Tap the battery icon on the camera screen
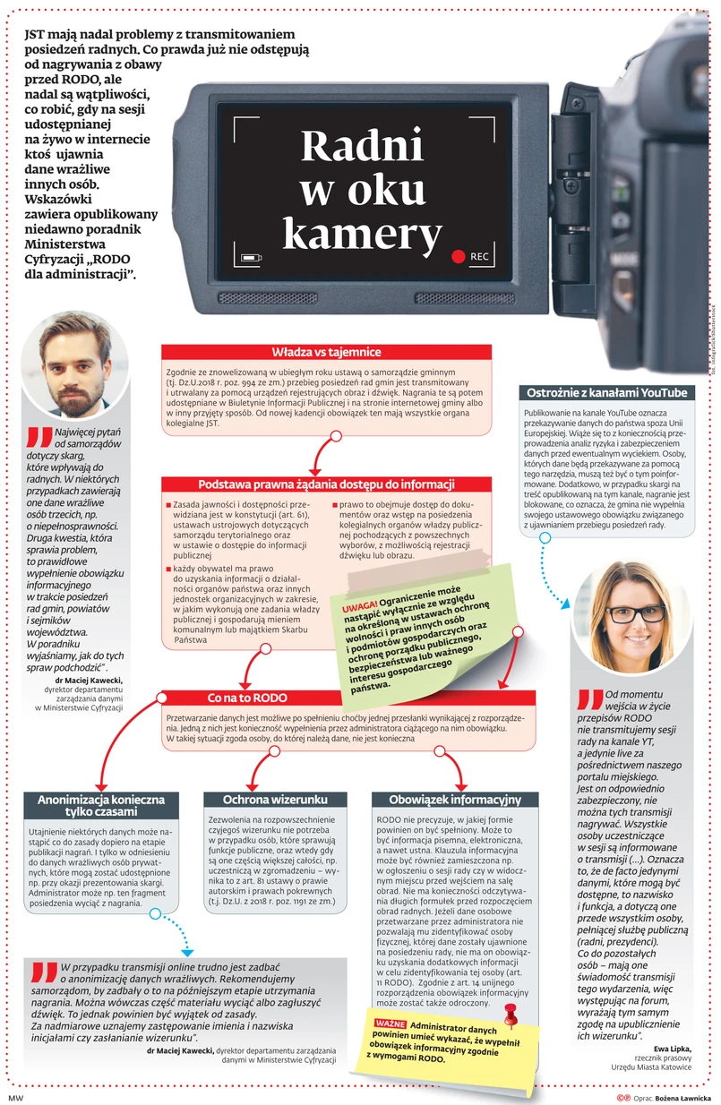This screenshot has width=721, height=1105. (252, 259)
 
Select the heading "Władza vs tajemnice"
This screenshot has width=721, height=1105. (326, 352)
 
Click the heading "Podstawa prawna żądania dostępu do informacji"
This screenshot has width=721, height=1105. (326, 484)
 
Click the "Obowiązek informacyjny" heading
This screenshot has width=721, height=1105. (454, 799)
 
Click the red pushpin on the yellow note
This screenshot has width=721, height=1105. (511, 1014)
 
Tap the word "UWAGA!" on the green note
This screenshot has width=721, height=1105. (358, 606)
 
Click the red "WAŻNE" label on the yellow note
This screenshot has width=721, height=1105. (391, 1023)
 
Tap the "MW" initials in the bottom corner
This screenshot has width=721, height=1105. (14, 1097)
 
